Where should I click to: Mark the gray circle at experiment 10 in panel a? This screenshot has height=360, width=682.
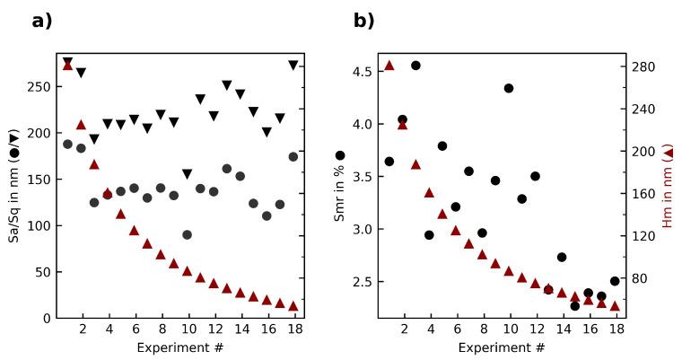(x=187, y=234)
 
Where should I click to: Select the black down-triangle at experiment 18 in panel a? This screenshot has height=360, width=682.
(x=293, y=65)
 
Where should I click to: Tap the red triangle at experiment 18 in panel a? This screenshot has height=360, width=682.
(x=293, y=306)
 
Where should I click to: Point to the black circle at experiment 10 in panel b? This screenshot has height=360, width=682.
(x=509, y=88)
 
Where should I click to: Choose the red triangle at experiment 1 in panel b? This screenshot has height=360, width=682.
(x=389, y=66)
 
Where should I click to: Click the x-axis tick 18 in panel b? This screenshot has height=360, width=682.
(x=615, y=329)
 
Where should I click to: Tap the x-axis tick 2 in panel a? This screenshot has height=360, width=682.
(x=83, y=329)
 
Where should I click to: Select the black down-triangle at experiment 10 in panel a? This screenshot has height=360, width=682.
(x=187, y=174)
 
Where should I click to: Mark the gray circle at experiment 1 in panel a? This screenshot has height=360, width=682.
(x=67, y=144)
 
